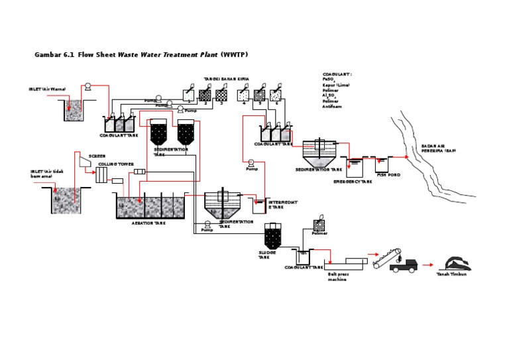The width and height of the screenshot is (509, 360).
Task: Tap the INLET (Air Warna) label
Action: (x=47, y=89)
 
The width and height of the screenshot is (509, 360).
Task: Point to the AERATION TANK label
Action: (x=148, y=223)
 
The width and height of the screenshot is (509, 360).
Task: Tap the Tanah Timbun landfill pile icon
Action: (x=456, y=263)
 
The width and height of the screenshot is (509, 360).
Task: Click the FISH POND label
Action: (x=388, y=175)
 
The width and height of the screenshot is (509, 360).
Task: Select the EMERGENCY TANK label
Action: (x=353, y=181)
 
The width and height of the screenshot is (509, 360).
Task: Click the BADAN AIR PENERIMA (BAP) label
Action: (x=438, y=149)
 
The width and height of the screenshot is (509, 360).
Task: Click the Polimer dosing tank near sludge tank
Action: (x=319, y=225)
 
